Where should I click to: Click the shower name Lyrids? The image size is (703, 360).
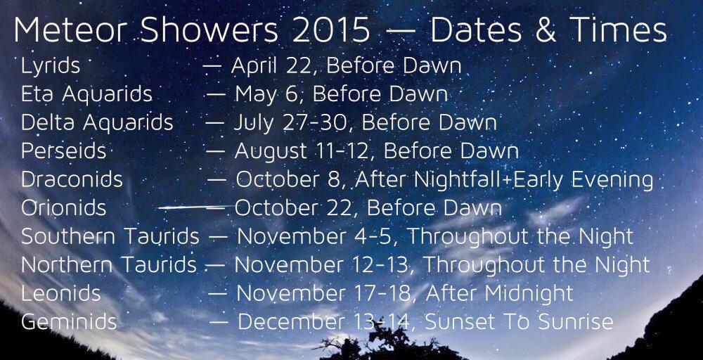coord(51,66)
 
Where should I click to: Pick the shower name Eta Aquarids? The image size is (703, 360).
coord(86,94)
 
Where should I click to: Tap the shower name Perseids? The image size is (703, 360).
coord(63,150)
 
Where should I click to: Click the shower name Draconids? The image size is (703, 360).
coord(72,179)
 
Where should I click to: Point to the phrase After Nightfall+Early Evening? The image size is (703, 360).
coord(504,180)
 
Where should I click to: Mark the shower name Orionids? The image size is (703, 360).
coord(64,208)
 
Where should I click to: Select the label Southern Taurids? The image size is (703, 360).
coord(110,236)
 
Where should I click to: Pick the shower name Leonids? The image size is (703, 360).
coord(61,293)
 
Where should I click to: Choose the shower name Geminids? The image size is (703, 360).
coord(69,322)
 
